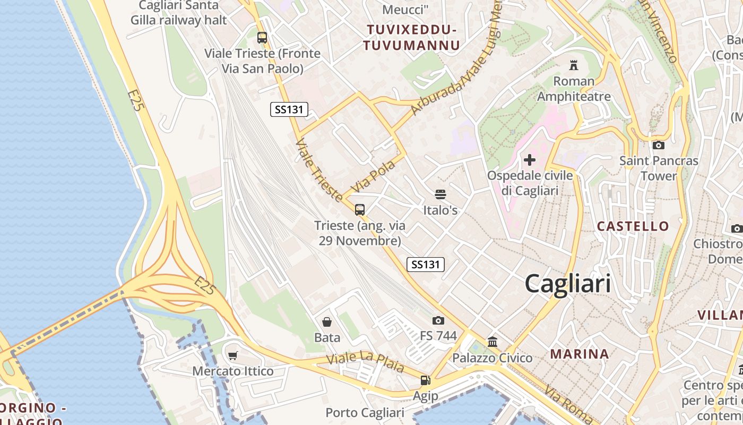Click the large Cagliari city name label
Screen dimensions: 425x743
567,284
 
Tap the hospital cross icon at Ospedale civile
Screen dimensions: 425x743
529,160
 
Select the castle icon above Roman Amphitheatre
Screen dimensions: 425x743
573,65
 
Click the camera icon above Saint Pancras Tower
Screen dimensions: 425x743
658,145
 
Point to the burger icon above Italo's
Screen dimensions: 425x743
440,194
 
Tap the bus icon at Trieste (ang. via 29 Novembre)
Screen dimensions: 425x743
360,210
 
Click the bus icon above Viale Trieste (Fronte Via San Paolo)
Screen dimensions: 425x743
262,38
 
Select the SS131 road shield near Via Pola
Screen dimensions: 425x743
289,109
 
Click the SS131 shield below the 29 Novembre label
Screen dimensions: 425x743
425,264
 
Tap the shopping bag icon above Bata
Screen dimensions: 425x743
327,322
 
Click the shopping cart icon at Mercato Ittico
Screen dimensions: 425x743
232,355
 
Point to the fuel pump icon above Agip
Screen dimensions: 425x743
425,380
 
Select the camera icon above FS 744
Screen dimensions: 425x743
438,320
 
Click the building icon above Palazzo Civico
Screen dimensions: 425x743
492,342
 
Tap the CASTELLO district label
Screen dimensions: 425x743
633,226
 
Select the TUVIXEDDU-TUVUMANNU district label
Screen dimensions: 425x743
411,37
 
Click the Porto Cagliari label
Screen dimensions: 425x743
365,412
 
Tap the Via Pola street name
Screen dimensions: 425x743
374,176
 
